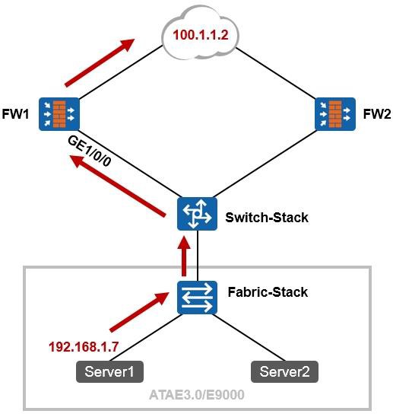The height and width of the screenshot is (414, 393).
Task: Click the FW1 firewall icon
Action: click(x=59, y=114)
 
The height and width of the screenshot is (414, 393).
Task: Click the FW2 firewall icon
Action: click(x=335, y=114)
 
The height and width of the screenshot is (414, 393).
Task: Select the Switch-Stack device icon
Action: click(x=198, y=214)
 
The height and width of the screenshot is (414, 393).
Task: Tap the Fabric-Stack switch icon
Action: click(x=198, y=298)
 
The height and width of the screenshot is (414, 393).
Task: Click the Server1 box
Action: click(x=109, y=371)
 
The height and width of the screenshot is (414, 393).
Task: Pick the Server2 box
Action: click(x=284, y=371)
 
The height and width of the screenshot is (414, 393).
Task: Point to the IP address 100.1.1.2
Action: click(x=201, y=35)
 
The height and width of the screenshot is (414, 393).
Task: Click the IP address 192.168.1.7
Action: click(x=84, y=347)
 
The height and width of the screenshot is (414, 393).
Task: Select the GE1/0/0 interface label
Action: click(x=90, y=151)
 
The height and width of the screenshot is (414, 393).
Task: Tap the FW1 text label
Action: click(x=15, y=114)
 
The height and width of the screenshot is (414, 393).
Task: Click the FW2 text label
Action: click(x=377, y=114)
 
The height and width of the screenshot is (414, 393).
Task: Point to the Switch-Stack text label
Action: click(x=267, y=218)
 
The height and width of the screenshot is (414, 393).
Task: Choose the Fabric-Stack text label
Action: click(x=268, y=292)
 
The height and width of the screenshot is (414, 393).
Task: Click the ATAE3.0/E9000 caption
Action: click(x=197, y=395)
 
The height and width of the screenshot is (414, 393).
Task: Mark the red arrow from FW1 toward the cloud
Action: click(x=100, y=62)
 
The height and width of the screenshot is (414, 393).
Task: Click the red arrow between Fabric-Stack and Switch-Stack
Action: click(x=184, y=256)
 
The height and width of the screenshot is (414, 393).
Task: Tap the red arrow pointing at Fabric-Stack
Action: click(x=139, y=312)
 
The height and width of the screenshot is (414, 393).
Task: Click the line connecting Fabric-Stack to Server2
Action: click(x=251, y=337)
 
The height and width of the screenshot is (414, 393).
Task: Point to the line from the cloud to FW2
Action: click(x=275, y=73)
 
